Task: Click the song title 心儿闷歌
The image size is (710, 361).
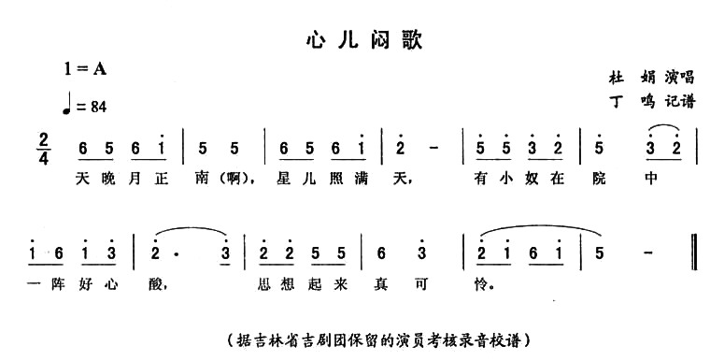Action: click(364, 40)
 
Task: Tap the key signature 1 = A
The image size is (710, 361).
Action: click(86, 67)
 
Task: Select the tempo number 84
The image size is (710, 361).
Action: click(96, 108)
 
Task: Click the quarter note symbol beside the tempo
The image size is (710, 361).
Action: click(67, 105)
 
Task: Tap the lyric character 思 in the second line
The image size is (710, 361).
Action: click(273, 280)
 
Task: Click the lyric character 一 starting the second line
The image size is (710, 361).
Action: click(35, 280)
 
